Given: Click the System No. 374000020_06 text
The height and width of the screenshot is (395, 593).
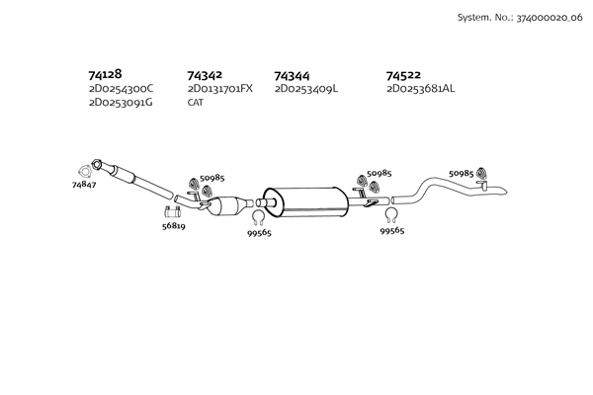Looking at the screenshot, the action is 520,18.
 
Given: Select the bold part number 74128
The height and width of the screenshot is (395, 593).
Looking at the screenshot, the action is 105,74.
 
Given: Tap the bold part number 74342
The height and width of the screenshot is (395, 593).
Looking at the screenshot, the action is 205,75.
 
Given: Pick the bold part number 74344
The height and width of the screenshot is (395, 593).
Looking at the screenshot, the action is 292,76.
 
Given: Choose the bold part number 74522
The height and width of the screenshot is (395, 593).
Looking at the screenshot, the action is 403,75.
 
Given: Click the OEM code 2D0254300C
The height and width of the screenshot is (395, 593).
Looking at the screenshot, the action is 121,89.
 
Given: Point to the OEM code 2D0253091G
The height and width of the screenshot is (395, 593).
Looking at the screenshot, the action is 121,103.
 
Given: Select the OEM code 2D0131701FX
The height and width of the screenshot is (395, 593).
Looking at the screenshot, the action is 220,89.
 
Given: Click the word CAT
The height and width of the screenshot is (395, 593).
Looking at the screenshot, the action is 195,103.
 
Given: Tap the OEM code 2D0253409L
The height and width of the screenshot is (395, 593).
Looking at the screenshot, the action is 306,89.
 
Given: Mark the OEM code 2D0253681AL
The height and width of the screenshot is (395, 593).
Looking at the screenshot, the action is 421,89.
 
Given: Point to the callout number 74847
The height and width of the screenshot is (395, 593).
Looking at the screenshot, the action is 84,185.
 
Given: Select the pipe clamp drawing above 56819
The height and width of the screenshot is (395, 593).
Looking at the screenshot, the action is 172,212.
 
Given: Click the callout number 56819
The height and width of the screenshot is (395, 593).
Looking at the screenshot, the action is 174,226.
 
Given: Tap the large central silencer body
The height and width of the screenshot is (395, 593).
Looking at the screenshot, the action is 305,202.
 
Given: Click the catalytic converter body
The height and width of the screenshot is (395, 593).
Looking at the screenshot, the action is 227,206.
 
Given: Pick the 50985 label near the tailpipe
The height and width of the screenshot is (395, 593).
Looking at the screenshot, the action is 461,174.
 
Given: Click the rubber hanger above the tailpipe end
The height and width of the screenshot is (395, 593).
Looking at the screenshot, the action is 481,173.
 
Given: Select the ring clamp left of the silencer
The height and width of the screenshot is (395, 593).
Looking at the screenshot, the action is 259,216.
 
